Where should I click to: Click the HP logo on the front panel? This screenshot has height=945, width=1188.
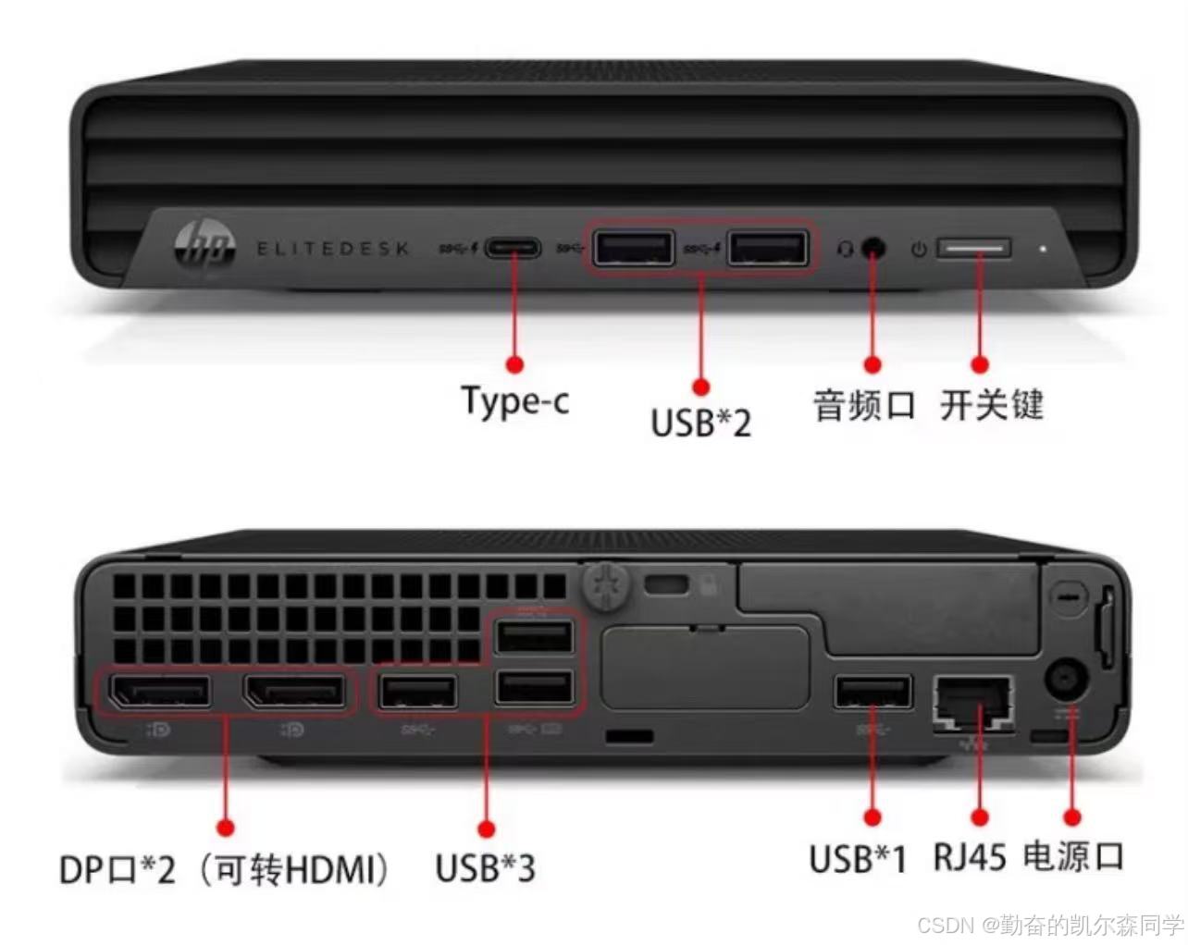(x=204, y=247)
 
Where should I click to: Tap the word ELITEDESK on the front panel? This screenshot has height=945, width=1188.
(x=333, y=249)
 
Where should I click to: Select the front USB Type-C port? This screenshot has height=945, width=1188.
(x=513, y=249)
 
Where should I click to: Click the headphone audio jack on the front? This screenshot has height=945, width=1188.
(x=872, y=249)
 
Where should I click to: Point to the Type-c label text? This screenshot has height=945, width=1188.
(x=515, y=401)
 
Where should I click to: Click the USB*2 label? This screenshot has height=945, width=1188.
(x=701, y=423)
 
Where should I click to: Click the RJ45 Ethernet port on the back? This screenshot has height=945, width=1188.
(x=973, y=705)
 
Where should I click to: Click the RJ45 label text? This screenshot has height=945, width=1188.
(x=969, y=857)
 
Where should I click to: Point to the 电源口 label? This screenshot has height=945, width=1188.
(x=1074, y=857)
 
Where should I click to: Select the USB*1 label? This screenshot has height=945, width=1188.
(x=858, y=859)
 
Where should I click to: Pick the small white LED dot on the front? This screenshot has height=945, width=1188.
(x=1043, y=249)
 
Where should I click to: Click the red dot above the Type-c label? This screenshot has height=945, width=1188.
(x=515, y=364)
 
